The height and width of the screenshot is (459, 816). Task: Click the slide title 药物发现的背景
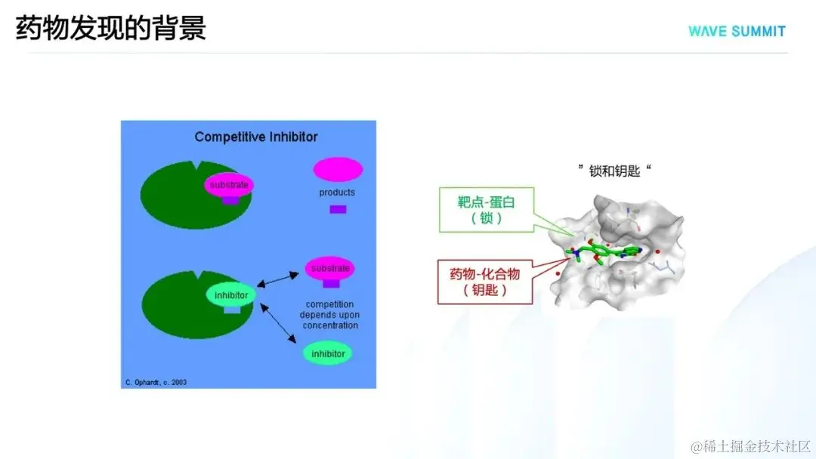(x=111, y=27)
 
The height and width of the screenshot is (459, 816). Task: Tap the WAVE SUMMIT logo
(x=737, y=31)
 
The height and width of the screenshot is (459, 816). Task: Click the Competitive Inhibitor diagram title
(x=255, y=137)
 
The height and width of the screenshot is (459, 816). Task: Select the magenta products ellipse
(x=338, y=169)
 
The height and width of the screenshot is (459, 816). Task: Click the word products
(x=337, y=193)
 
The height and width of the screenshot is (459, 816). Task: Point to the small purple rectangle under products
(x=338, y=209)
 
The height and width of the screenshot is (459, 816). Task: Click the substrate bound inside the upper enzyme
(x=229, y=185)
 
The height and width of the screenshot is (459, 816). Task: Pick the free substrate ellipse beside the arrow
(x=330, y=269)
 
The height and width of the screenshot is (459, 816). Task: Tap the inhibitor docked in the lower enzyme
(x=231, y=295)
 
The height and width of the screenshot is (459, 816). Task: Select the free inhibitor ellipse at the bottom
(x=328, y=353)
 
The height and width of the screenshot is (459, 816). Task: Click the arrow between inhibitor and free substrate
(x=278, y=279)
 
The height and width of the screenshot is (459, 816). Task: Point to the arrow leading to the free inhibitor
(x=278, y=323)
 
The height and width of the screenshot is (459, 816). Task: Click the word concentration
(x=330, y=325)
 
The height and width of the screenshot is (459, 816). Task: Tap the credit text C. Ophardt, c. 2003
(x=156, y=382)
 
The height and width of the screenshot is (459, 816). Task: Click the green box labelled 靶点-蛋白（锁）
(x=487, y=209)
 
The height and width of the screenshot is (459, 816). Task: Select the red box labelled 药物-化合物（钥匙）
(x=485, y=282)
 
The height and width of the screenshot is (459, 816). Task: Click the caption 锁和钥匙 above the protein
(x=614, y=171)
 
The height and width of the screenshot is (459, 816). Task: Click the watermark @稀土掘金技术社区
(x=750, y=446)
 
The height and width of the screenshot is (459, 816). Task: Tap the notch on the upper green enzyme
(x=196, y=166)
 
